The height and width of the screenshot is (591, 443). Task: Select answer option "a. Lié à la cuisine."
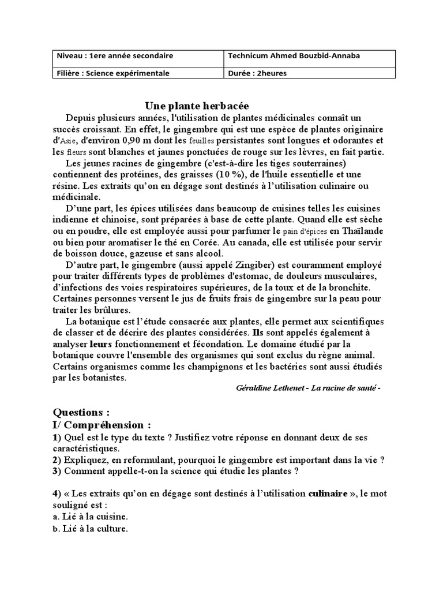[91, 517]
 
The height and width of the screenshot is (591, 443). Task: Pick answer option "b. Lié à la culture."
[90, 528]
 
